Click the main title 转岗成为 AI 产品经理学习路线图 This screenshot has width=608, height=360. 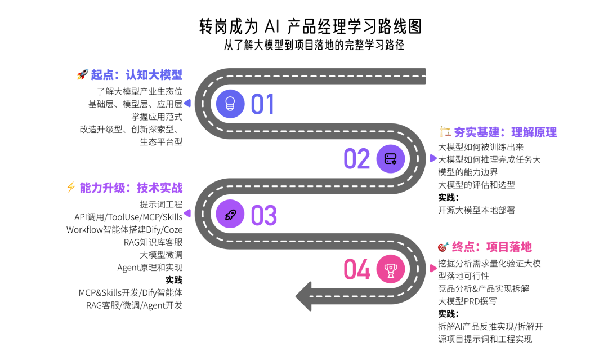(x=310, y=25)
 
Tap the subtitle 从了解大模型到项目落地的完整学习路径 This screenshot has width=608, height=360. (x=314, y=45)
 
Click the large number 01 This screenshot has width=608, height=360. (x=262, y=104)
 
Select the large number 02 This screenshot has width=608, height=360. (x=356, y=159)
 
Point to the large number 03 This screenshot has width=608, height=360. (x=263, y=215)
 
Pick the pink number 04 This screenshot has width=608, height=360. (x=357, y=269)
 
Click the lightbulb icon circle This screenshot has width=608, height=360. (x=230, y=104)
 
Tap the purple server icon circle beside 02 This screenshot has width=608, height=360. (x=390, y=159)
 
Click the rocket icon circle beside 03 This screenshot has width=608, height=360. (x=230, y=214)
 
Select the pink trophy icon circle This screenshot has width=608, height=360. (x=390, y=269)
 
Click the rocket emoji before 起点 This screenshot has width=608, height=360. (x=82, y=75)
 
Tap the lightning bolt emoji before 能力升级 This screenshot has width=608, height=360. (x=71, y=188)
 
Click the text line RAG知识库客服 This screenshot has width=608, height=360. (x=153, y=242)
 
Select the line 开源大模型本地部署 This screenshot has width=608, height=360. (x=476, y=210)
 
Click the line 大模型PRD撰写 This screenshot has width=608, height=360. (x=467, y=301)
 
